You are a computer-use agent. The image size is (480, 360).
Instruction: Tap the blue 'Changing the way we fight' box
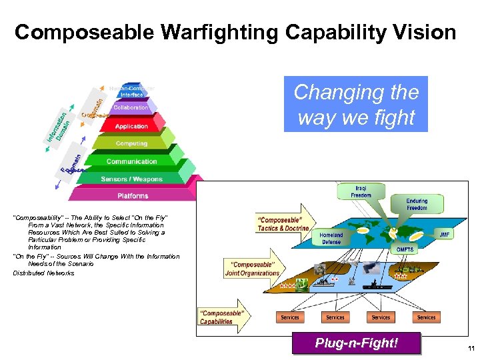tap(356, 104)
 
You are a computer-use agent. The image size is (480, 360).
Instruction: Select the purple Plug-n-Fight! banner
tap(357, 343)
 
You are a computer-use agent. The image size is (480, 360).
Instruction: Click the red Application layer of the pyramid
tap(131, 126)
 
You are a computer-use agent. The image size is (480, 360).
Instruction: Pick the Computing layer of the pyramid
tap(131, 143)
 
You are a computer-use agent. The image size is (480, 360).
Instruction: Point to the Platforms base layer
tap(133, 196)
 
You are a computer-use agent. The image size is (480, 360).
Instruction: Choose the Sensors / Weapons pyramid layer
tap(133, 179)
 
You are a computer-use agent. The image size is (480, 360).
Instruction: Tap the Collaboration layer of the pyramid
tap(131, 107)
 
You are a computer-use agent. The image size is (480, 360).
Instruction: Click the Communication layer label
tap(132, 161)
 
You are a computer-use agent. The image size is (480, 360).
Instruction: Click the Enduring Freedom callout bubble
tap(417, 204)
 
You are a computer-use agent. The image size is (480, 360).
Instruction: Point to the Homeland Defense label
tap(331, 239)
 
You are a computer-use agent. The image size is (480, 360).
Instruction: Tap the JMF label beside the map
tap(444, 235)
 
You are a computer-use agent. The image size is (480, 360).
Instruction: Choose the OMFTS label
tap(405, 249)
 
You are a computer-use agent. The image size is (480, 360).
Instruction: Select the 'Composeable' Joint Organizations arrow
tap(251, 269)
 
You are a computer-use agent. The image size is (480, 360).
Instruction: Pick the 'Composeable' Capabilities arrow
tap(223, 317)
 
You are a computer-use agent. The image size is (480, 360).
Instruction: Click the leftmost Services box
tap(290, 317)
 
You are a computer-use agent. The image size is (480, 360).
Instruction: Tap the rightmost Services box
tap(426, 317)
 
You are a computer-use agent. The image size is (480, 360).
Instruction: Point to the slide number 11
tap(471, 349)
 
